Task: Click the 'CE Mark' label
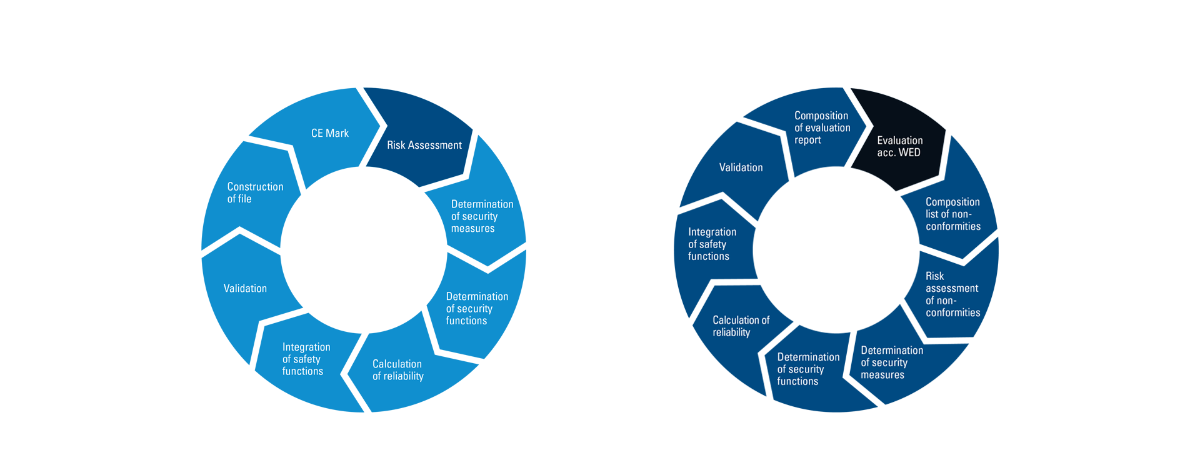pyautogui.click(x=330, y=133)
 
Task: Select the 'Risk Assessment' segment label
pyautogui.click(x=424, y=145)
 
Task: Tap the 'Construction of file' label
pyautogui.click(x=255, y=192)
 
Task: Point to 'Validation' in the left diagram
pyautogui.click(x=245, y=288)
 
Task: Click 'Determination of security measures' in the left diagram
pyautogui.click(x=481, y=216)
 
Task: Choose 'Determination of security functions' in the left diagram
pyautogui.click(x=476, y=308)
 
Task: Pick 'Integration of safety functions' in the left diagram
pyautogui.click(x=306, y=359)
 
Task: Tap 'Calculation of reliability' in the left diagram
pyautogui.click(x=397, y=370)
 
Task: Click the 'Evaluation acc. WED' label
pyautogui.click(x=899, y=146)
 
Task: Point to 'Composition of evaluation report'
pyautogui.click(x=822, y=127)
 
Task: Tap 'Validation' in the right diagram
pyautogui.click(x=741, y=167)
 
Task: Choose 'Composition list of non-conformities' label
pyautogui.click(x=952, y=214)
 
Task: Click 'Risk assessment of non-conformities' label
pyautogui.click(x=952, y=294)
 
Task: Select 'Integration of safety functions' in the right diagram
pyautogui.click(x=712, y=244)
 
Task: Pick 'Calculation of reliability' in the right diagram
pyautogui.click(x=741, y=326)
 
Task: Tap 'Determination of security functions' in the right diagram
pyautogui.click(x=807, y=369)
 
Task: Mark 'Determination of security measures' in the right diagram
pyautogui.click(x=891, y=362)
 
